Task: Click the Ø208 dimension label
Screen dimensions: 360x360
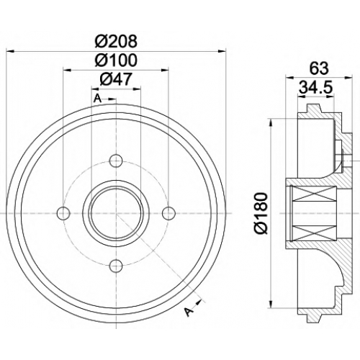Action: point(116,41)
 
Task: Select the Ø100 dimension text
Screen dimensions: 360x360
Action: point(116,60)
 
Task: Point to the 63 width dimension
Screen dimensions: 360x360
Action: point(319,68)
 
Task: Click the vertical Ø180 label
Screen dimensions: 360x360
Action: point(261,213)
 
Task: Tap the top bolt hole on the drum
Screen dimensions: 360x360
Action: point(116,161)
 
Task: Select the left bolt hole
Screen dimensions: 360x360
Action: point(63,213)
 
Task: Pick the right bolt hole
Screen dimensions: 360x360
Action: point(168,213)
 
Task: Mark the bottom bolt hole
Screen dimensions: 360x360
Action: point(116,266)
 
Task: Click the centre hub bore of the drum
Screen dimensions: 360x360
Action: point(116,213)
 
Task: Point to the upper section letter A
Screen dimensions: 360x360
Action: point(97,99)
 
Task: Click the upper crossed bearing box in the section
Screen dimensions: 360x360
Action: point(315,194)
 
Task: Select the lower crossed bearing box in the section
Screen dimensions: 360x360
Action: point(315,233)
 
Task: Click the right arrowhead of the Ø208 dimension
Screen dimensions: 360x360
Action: point(222,51)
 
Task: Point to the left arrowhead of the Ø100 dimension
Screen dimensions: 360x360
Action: point(68,70)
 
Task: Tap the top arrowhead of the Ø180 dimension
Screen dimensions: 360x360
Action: point(271,123)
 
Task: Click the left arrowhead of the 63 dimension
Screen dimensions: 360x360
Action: point(290,77)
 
